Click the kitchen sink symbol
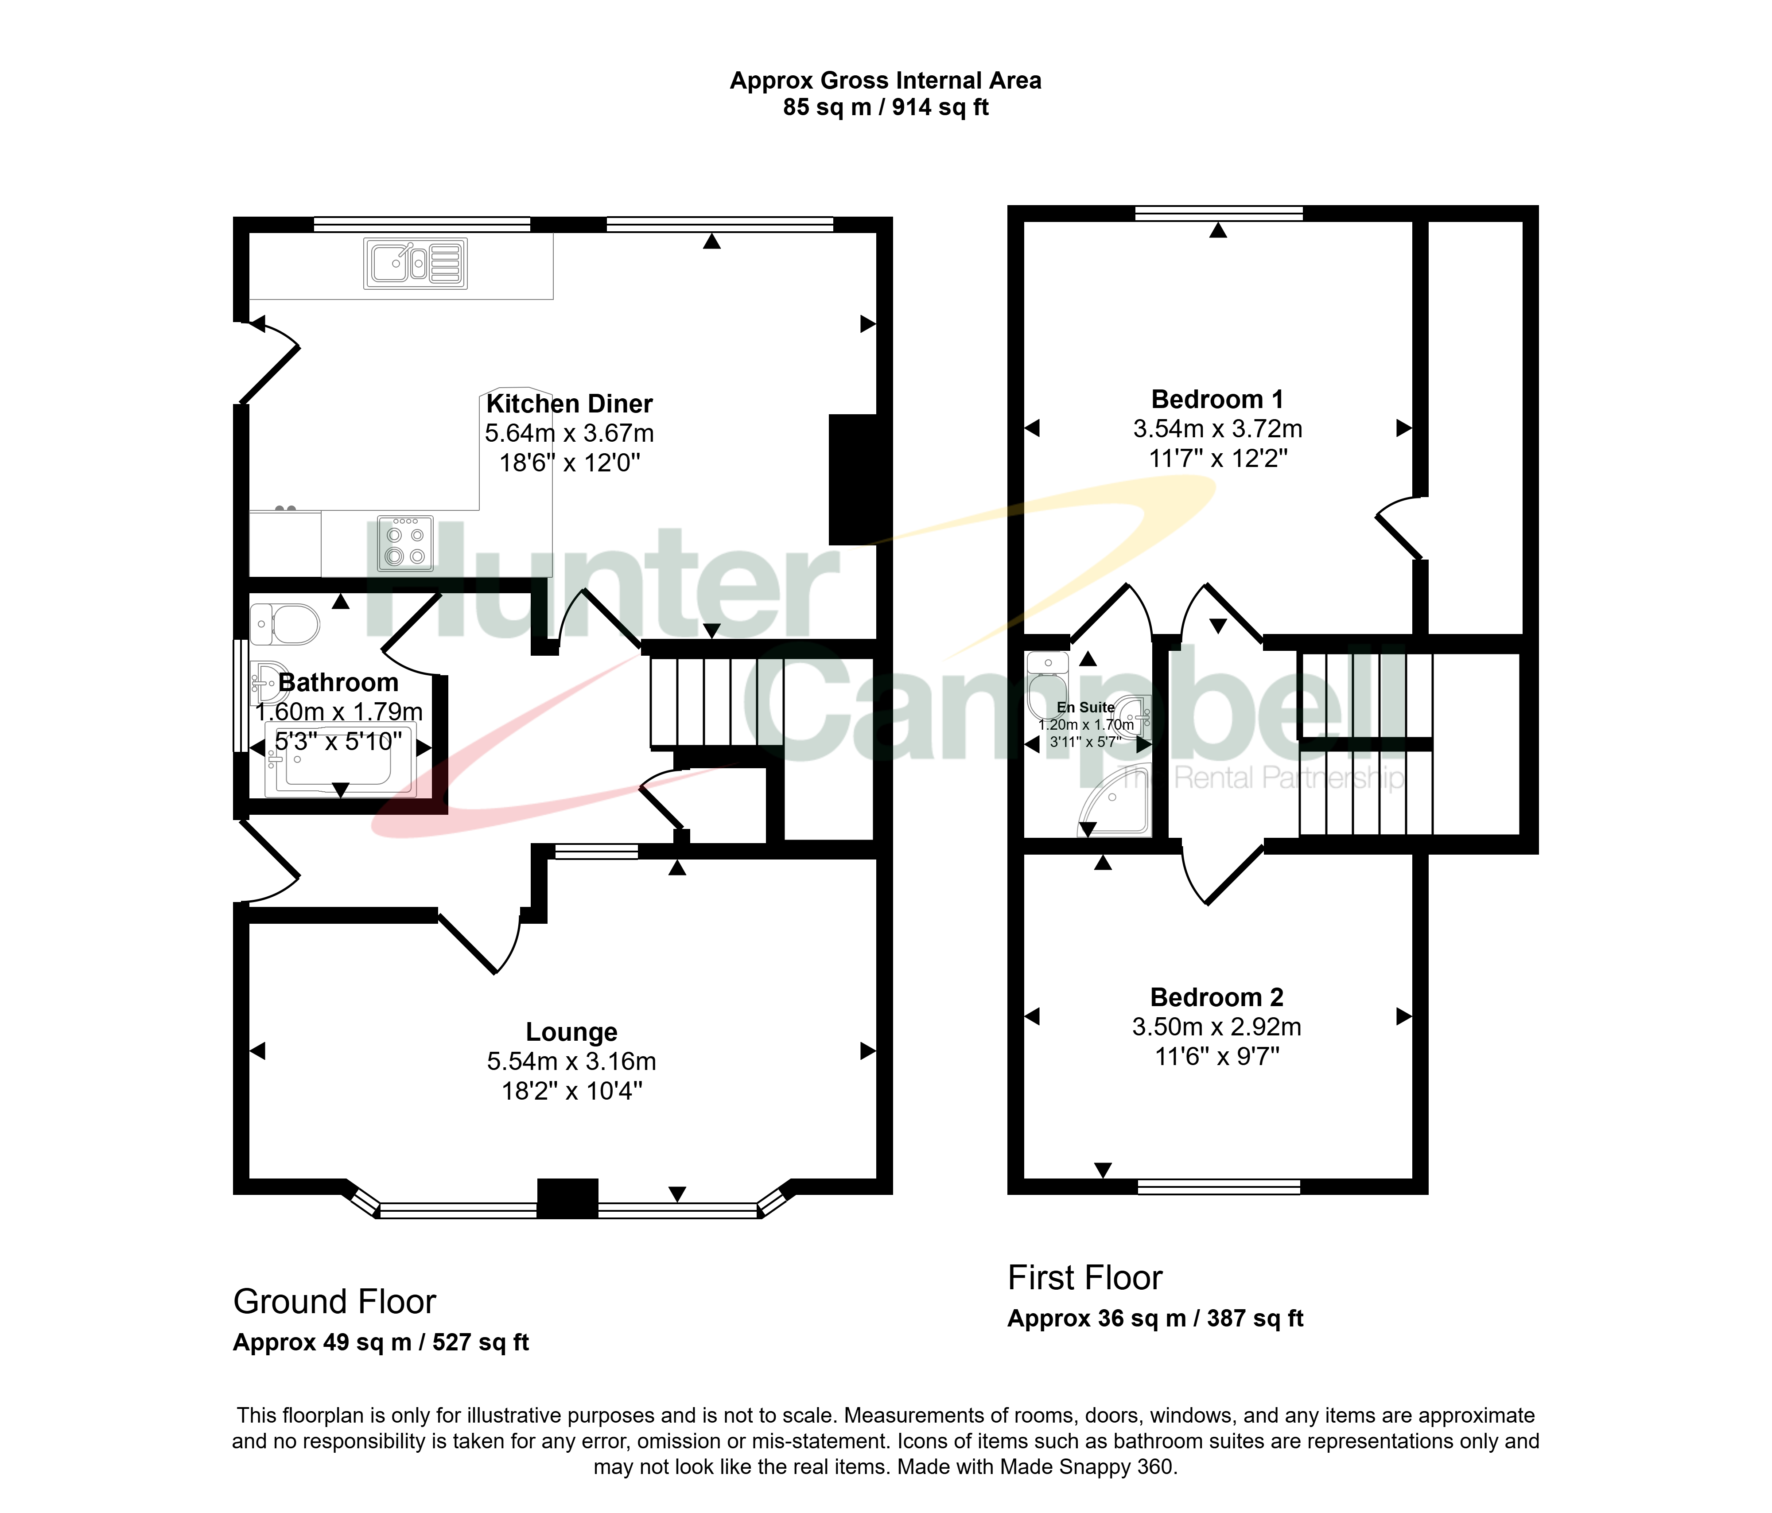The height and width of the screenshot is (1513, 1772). [416, 264]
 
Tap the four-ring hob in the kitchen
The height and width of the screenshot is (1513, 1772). [405, 543]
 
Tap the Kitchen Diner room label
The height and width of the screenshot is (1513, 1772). [570, 404]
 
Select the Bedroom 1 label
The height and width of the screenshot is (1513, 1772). [1217, 400]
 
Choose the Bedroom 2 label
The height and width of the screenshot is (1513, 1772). [1217, 997]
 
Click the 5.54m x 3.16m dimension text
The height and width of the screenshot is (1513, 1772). [571, 1062]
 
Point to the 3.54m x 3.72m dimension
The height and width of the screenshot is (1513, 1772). [1218, 428]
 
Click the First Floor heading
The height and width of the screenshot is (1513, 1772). [1085, 1278]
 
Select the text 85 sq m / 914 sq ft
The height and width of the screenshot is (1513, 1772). [886, 108]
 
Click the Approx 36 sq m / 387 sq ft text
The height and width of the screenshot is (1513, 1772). [1155, 1319]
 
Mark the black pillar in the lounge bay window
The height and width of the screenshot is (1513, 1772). [567, 1198]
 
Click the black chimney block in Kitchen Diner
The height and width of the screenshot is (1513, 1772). [854, 480]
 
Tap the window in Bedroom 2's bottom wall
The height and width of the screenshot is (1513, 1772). [1219, 1186]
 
